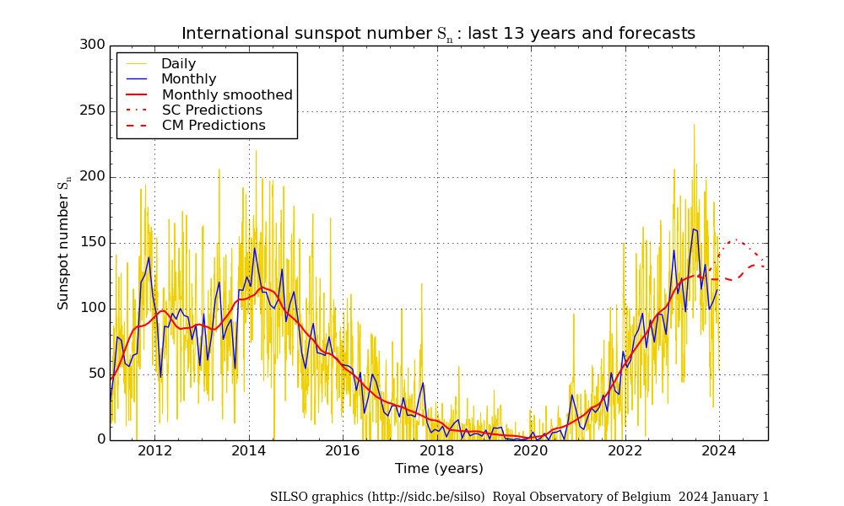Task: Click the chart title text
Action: pos(438,34)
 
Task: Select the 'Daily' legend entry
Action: pos(178,64)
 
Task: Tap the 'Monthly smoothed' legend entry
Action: pos(227,95)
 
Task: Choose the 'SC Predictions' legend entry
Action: pos(212,110)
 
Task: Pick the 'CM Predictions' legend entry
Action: pos(214,126)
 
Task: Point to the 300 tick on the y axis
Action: pos(92,45)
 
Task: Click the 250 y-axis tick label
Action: pos(92,110)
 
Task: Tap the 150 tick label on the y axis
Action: pos(92,242)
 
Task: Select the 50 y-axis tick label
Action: pos(96,374)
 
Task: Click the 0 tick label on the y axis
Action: pos(100,439)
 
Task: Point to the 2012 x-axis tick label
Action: pos(154,450)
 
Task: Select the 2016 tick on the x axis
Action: pos(343,450)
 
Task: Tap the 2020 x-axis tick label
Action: pos(531,450)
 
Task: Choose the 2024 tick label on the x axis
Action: pos(719,450)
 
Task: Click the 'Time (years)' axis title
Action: pos(439,469)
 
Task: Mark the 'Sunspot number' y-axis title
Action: pos(64,245)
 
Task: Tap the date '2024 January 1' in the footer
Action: pos(723,498)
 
